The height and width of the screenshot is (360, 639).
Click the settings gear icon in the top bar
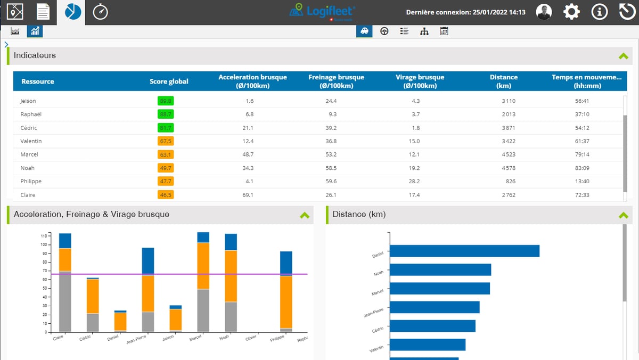click(571, 12)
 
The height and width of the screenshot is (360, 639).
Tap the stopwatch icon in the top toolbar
click(100, 12)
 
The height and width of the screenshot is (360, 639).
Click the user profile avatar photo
click(544, 12)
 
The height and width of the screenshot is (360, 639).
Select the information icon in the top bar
click(600, 12)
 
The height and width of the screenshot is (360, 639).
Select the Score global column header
click(169, 81)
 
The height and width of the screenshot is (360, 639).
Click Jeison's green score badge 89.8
click(166, 101)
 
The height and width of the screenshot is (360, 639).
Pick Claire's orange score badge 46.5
click(166, 195)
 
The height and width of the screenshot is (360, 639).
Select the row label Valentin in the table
click(31, 141)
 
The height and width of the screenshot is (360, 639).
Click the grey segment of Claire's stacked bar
click(65, 301)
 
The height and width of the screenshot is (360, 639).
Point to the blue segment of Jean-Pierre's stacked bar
click(148, 261)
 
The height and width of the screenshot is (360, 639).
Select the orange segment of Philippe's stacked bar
click(286, 301)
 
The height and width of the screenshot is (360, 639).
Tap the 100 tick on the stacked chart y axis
click(44, 244)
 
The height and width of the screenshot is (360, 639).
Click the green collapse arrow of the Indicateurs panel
click(623, 55)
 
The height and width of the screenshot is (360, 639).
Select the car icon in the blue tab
click(364, 31)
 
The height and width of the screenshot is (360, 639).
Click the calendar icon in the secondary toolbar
click(444, 31)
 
